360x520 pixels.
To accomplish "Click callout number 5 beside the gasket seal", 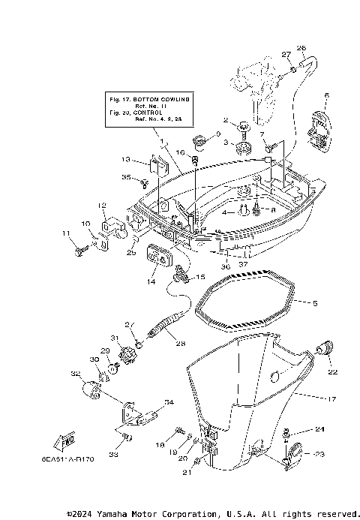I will point(314,303).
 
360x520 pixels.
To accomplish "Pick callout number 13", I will point(126,159).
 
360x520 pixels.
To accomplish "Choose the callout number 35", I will point(126,178).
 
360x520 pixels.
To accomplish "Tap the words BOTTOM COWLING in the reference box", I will point(169,99).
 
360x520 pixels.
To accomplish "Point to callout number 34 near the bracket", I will point(169,403).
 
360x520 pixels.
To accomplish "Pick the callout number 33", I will point(114,455).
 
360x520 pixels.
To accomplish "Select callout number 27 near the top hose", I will point(286,54).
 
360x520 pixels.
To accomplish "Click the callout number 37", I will point(244,264).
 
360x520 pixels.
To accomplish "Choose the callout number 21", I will point(187,473).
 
